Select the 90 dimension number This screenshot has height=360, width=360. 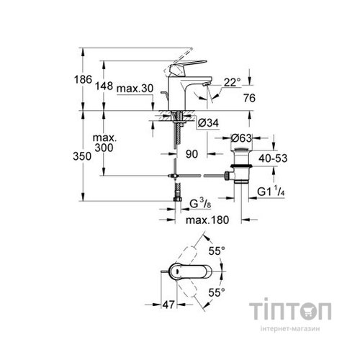pyautogui.click(x=192, y=154)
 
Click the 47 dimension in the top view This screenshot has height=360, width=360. pyautogui.click(x=166, y=306)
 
